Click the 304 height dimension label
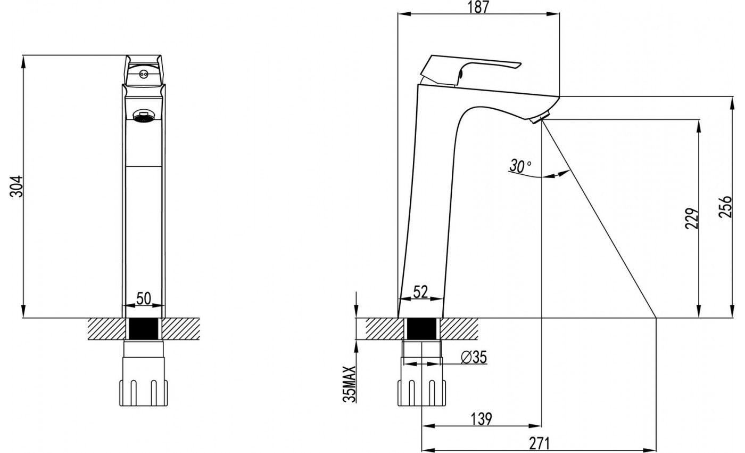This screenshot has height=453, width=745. (16, 187)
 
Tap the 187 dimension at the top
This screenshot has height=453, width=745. (478, 7)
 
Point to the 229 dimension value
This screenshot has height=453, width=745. (692, 219)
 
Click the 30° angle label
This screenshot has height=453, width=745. (520, 166)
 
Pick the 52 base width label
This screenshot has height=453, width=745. (420, 292)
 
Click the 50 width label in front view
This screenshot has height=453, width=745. (144, 298)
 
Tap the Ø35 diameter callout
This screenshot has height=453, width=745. (474, 358)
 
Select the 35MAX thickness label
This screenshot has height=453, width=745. (350, 384)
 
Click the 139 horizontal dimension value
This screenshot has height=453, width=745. (481, 419)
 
